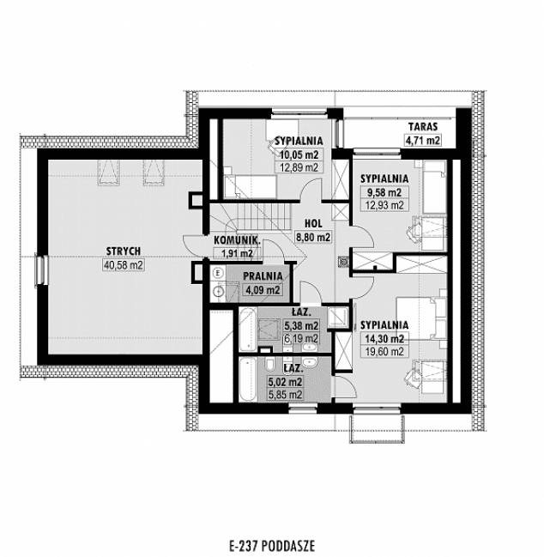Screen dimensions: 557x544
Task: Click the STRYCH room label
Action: tap(124, 251)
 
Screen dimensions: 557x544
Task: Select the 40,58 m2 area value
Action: tap(124, 265)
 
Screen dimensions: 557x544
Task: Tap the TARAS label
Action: tap(422, 125)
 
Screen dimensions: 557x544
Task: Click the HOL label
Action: tap(312, 223)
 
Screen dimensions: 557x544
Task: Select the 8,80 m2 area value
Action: tap(312, 237)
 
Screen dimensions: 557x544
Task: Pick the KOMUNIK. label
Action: tap(237, 241)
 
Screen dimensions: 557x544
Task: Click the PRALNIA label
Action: tap(263, 276)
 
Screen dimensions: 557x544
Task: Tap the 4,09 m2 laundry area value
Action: tap(263, 290)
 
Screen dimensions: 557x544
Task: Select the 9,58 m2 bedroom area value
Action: tap(383, 192)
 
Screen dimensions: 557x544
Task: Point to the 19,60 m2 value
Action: tap(384, 352)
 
